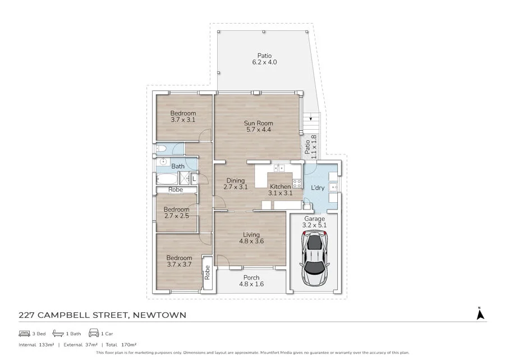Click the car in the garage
[314, 259]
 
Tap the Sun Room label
[258, 127]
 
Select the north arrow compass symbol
[480, 314]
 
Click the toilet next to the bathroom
[160, 149]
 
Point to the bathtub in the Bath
[166, 179]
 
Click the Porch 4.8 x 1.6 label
[251, 281]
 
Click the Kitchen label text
[280, 186]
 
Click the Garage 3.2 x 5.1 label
[315, 222]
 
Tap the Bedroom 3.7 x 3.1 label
[183, 116]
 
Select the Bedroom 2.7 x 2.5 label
[177, 213]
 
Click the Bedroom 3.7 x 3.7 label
[179, 262]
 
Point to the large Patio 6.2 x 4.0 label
[265, 59]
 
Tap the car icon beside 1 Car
[94, 334]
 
